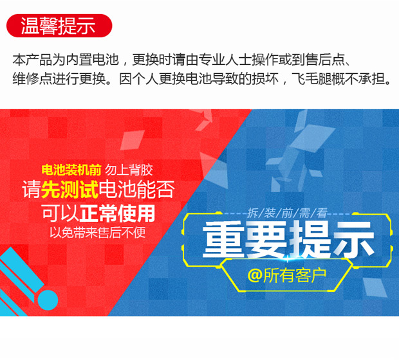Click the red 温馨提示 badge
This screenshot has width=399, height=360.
[x=59, y=26]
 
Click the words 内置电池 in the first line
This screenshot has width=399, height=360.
[x=92, y=60]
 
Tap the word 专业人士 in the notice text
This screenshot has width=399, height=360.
[x=225, y=60]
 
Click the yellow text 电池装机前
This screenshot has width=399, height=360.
[x=71, y=170]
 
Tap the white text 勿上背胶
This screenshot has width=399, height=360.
[x=129, y=170]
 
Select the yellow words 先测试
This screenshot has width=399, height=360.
[x=70, y=190]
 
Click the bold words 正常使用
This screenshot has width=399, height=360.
[x=117, y=213]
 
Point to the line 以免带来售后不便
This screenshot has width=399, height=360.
[x=97, y=232]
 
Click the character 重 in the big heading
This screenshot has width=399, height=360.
[x=223, y=239]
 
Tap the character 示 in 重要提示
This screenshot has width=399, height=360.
[x=354, y=239]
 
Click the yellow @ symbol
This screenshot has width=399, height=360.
[x=255, y=275]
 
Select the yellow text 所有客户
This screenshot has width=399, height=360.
[x=295, y=275]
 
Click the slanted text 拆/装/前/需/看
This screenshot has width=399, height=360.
[x=287, y=213]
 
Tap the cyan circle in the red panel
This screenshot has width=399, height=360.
[x=48, y=300]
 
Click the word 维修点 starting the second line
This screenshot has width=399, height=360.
[x=32, y=78]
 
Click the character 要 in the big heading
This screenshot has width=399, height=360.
[x=266, y=239]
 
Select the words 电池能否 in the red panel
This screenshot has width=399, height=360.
[x=137, y=190]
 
